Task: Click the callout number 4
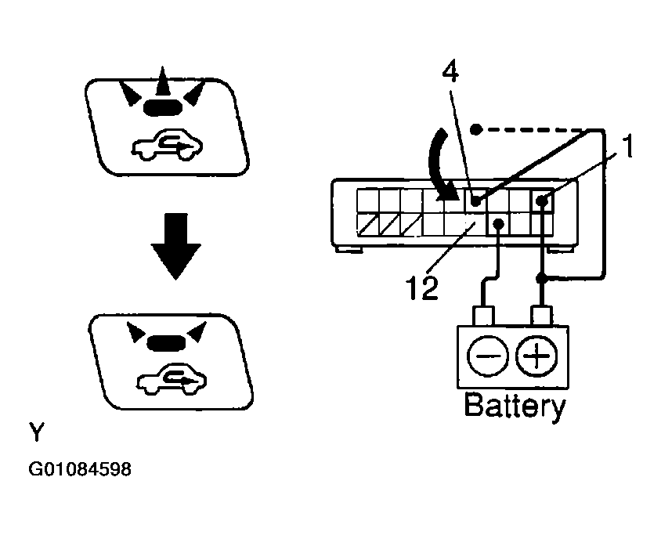pyautogui.click(x=450, y=73)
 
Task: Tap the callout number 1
pyautogui.click(x=627, y=146)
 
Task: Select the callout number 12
pyautogui.click(x=422, y=288)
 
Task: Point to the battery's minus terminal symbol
pyautogui.click(x=487, y=356)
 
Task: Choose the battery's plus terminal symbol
pyautogui.click(x=536, y=356)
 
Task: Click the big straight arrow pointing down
pyautogui.click(x=175, y=246)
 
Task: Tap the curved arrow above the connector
pyautogui.click(x=439, y=167)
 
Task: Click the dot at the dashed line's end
pyautogui.click(x=475, y=129)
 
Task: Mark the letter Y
pyautogui.click(x=37, y=432)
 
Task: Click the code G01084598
pyautogui.click(x=80, y=468)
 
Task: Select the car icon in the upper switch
pyautogui.click(x=168, y=145)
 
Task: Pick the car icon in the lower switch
pyautogui.click(x=172, y=379)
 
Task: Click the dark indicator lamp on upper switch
pyautogui.click(x=163, y=107)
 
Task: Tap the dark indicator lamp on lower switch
pyautogui.click(x=166, y=342)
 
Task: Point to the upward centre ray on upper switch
pyautogui.click(x=162, y=81)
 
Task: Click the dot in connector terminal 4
pyautogui.click(x=475, y=201)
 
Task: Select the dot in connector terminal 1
pyautogui.click(x=543, y=201)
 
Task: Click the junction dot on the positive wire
pyautogui.click(x=542, y=278)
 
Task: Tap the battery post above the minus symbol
pyautogui.click(x=483, y=316)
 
